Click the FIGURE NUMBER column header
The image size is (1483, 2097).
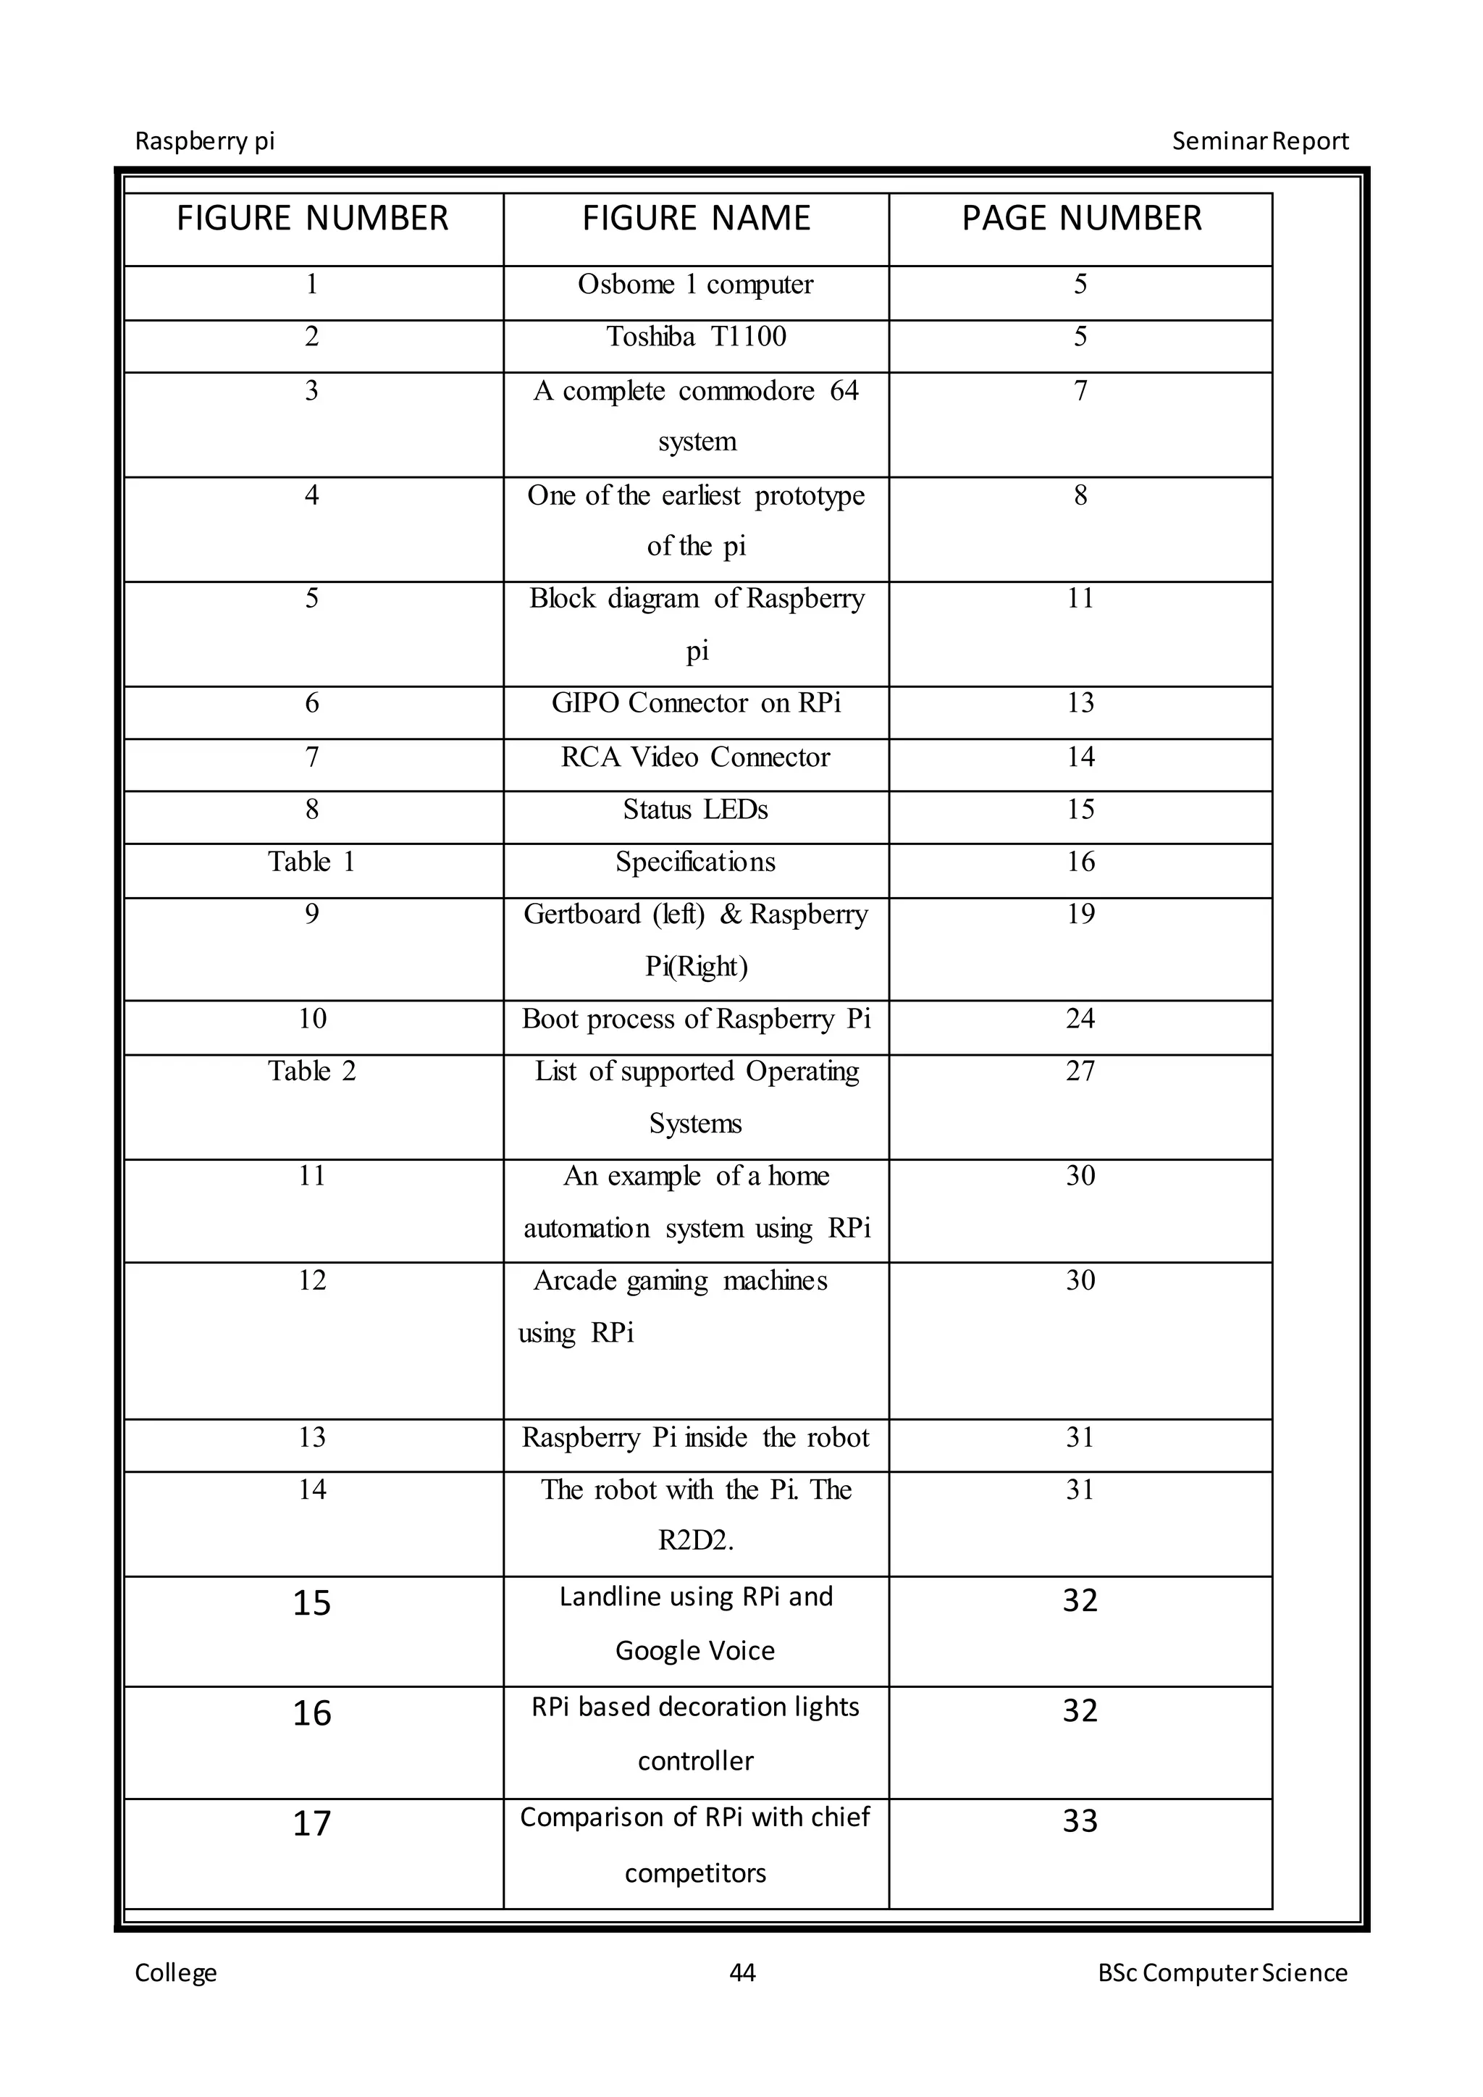(312, 219)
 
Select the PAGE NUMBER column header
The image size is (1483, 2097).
(1081, 219)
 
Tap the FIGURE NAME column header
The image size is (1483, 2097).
(696, 219)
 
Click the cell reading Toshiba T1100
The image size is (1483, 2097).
(696, 337)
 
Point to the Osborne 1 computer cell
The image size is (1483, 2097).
(696, 285)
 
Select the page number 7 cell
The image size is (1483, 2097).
(1080, 391)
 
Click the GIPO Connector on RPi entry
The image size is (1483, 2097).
(696, 703)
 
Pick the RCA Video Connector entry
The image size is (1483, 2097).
(696, 757)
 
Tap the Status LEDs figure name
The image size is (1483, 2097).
(696, 810)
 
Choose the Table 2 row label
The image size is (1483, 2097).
(311, 1072)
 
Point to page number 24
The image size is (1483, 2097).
(1080, 1020)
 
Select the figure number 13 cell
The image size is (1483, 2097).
(311, 1437)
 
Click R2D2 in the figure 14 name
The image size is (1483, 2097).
(696, 1542)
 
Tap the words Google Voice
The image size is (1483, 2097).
(696, 1650)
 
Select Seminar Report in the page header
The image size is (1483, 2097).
(1260, 142)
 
